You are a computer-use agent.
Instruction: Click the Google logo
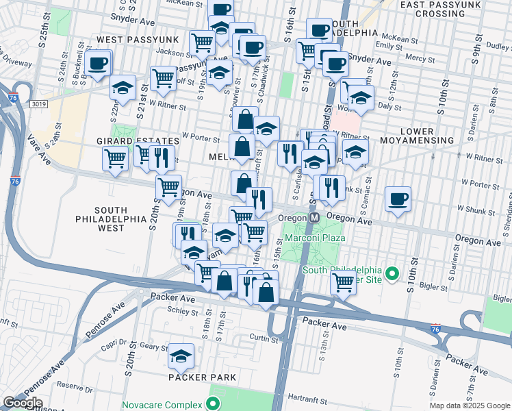coord(22,403)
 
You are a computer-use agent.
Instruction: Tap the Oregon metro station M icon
coord(314,217)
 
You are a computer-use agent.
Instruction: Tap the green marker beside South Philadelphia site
coord(392,275)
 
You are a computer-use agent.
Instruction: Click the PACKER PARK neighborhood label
coord(205,377)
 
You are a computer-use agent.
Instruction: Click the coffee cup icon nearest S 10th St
coord(398,199)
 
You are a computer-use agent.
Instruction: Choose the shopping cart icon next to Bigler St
coord(343,282)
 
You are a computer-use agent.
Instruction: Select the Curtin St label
coord(263,338)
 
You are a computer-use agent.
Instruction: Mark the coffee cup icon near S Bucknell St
coord(98,64)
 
